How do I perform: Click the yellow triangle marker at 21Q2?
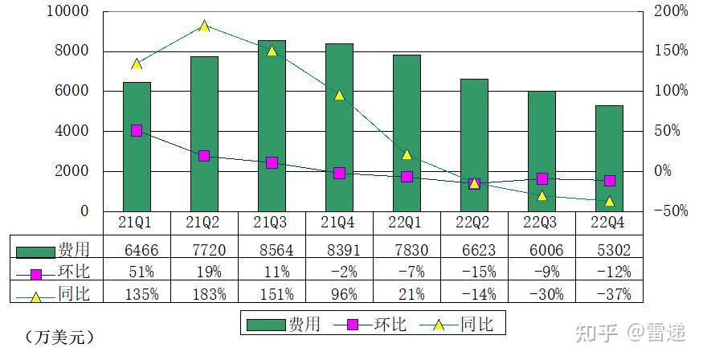tap(204, 27)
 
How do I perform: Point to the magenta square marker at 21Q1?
tap(137, 130)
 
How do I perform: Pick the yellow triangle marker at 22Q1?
tap(407, 154)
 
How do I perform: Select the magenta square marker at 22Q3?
tap(542, 178)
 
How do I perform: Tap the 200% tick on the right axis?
tap(672, 11)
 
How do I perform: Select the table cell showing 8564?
tap(272, 250)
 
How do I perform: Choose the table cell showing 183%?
tap(204, 293)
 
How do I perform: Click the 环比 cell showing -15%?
tap(474, 272)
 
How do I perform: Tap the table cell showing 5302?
tap(610, 250)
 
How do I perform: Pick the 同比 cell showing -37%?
tap(610, 293)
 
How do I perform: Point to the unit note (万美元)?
tap(60, 336)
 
